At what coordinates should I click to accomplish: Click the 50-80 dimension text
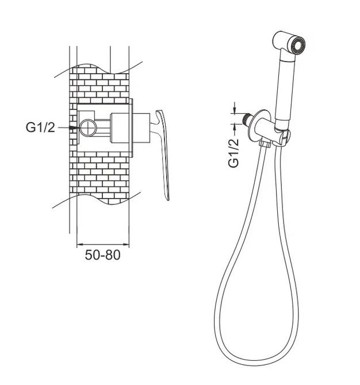pos(102,255)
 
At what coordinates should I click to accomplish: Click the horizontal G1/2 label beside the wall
pos(40,127)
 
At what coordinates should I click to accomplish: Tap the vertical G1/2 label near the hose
pos(233,153)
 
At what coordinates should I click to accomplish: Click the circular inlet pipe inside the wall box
pos(88,127)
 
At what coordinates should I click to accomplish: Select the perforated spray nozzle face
pos(298,44)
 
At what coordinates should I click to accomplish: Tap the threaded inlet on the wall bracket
pos(246,119)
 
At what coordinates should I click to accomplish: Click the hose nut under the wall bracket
pos(265,143)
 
